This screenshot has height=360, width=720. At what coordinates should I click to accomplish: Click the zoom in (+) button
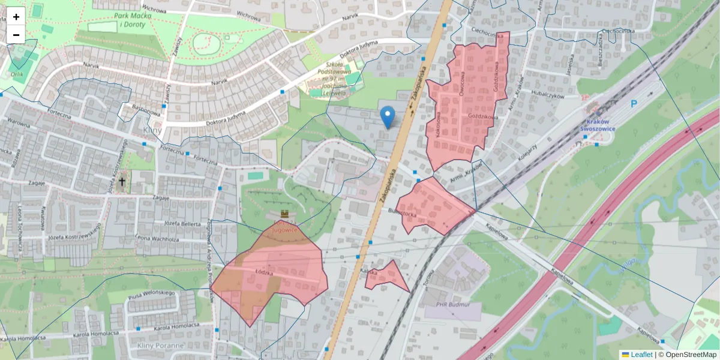16,17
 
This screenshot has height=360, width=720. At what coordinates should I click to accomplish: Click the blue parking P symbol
634,104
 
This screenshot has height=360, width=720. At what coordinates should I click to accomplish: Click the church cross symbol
122,181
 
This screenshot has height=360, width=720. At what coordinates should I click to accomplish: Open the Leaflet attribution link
641,355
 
